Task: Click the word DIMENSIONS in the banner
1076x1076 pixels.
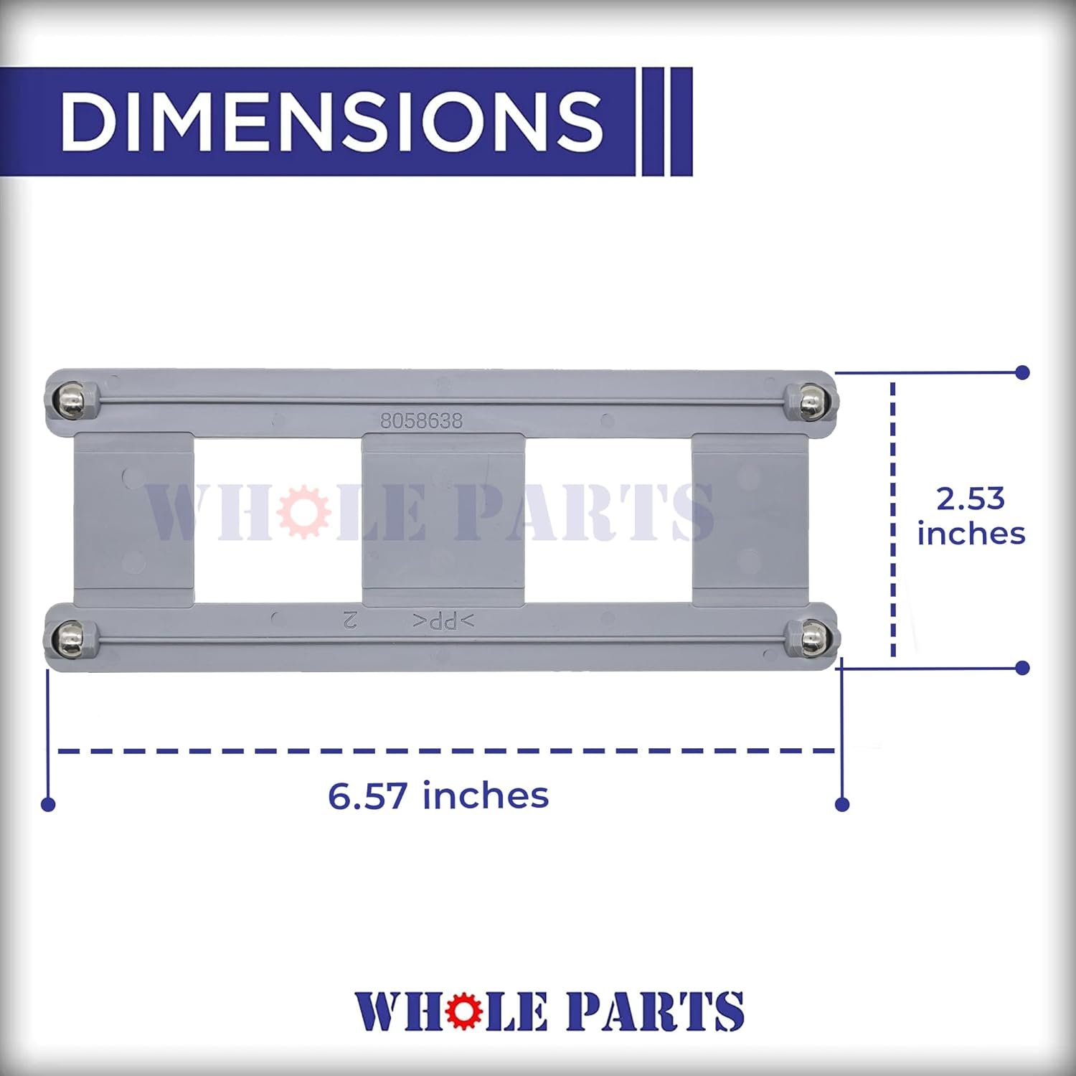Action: (331, 121)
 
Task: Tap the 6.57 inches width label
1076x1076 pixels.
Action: (438, 796)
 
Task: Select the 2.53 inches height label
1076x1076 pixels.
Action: (971, 516)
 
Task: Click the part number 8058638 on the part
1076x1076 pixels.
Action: (421, 421)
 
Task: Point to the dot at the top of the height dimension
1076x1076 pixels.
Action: (1023, 372)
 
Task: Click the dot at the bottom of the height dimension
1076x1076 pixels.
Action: (1023, 668)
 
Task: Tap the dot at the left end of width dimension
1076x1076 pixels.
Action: (48, 804)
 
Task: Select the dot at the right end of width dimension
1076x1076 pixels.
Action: (842, 804)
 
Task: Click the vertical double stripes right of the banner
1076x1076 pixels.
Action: (666, 121)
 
